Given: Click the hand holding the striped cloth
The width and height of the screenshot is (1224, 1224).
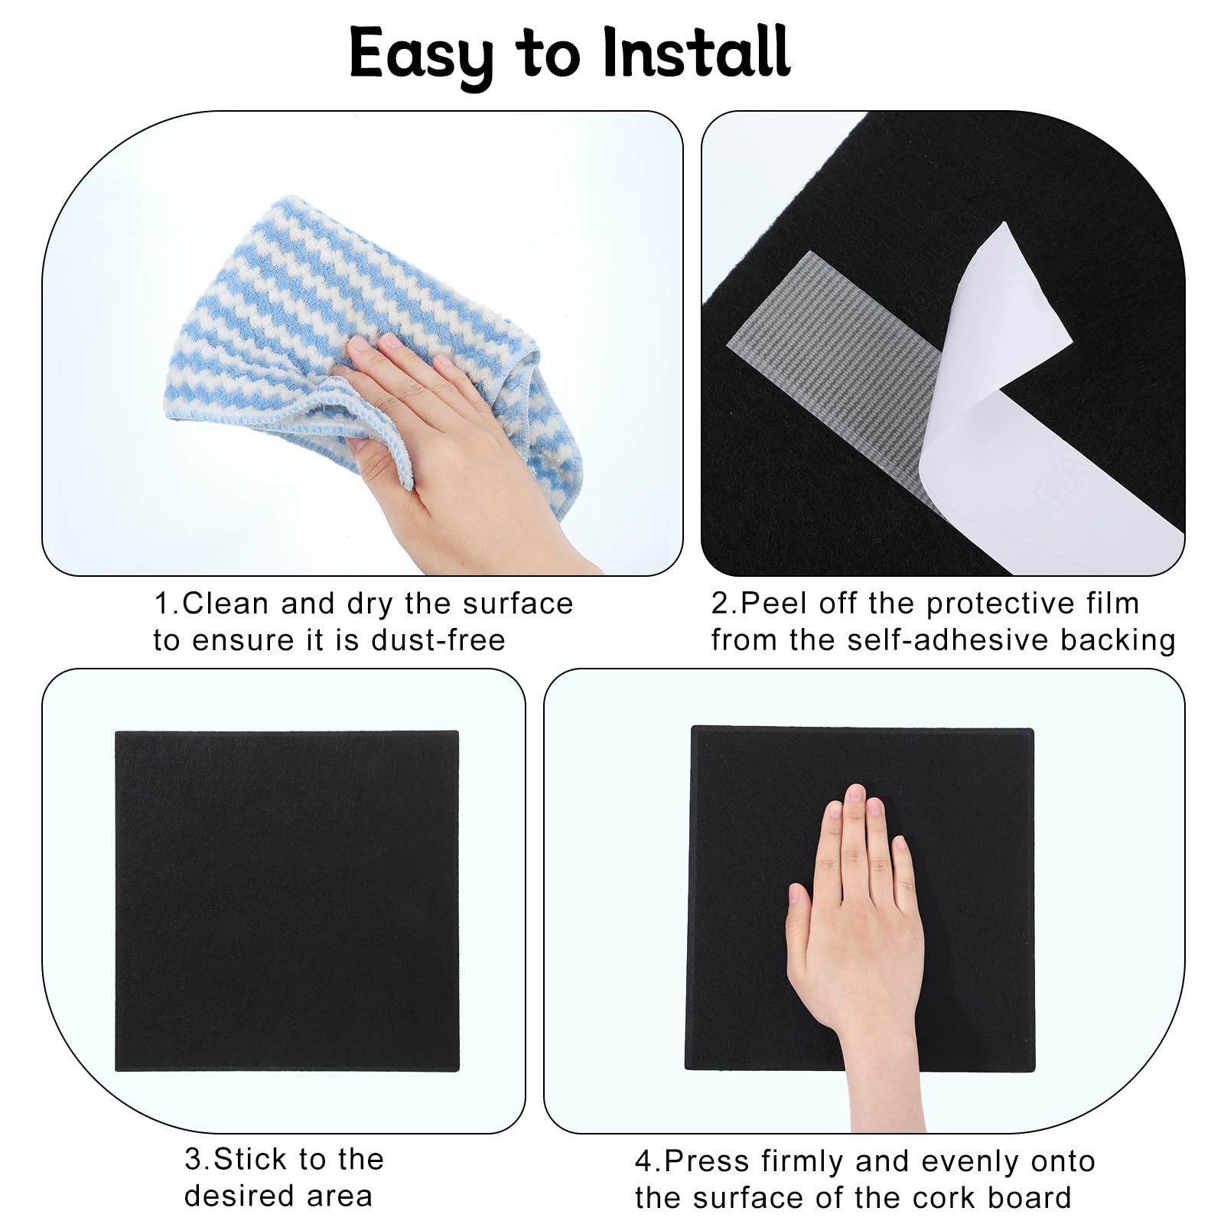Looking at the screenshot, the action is pyautogui.click(x=451, y=451).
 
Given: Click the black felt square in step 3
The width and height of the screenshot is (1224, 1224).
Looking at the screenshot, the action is pyautogui.click(x=287, y=900).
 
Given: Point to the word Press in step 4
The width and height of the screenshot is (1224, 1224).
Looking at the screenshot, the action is pyautogui.click(x=707, y=1161).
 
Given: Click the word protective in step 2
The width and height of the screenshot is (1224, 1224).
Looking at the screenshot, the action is pyautogui.click(x=994, y=605).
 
